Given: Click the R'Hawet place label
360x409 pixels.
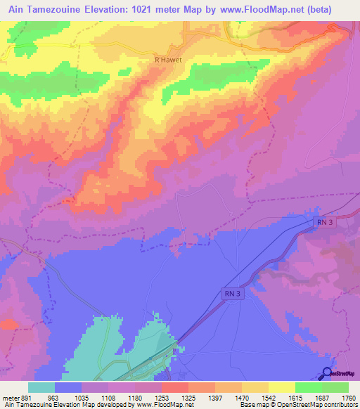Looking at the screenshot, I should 168,60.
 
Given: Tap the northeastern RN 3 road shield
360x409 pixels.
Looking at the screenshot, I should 323,223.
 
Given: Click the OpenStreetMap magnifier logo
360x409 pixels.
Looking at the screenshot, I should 327,373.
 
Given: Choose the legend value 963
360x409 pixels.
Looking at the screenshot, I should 56,396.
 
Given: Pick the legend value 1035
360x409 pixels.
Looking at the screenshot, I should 82,396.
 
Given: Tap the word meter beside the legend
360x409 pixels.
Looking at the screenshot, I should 9,396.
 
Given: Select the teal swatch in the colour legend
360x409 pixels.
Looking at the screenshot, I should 41,387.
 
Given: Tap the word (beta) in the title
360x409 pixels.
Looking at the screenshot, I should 336,8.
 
